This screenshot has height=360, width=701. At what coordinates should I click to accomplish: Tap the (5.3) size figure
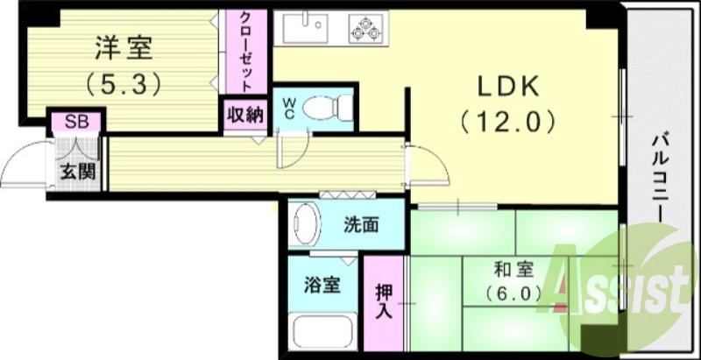coord(122,85)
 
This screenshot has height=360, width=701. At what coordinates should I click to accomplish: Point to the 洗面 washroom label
coord(360,225)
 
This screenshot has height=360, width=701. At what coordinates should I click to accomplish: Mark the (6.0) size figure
coord(508,294)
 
